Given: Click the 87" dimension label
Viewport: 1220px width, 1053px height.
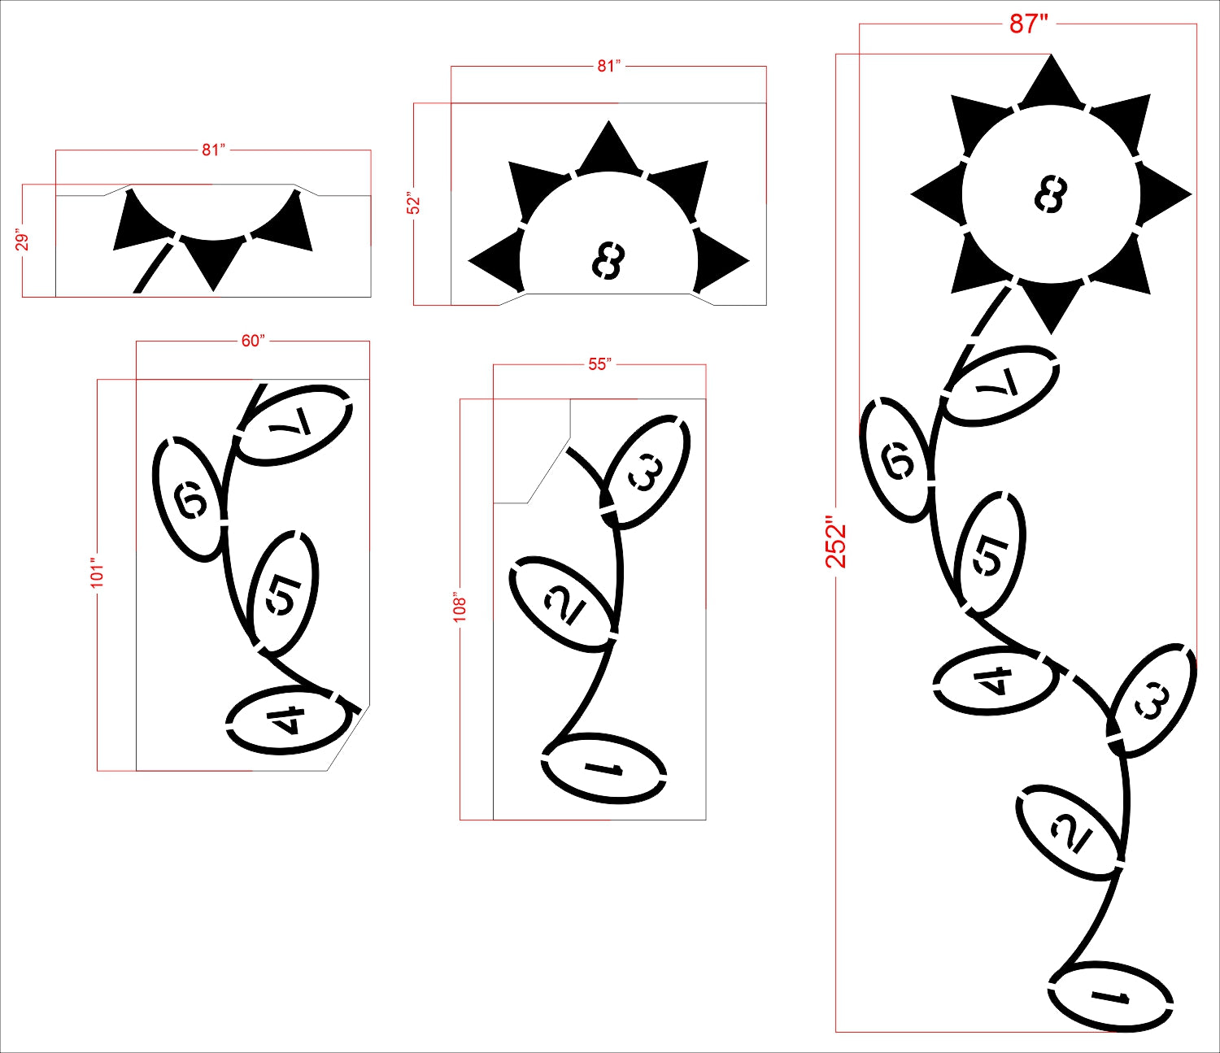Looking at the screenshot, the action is pyautogui.click(x=1028, y=25).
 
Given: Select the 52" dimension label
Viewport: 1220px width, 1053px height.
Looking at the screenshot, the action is pyautogui.click(x=415, y=203).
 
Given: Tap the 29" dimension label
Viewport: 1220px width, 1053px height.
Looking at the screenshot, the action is pyautogui.click(x=23, y=241).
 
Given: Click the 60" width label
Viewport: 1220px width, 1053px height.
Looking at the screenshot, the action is pyautogui.click(x=253, y=342).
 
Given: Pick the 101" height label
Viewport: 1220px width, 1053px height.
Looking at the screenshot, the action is pyautogui.click(x=97, y=572).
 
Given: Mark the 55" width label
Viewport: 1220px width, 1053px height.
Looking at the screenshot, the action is pyautogui.click(x=599, y=365).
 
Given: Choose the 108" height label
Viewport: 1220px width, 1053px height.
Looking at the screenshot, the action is pyautogui.click(x=460, y=606).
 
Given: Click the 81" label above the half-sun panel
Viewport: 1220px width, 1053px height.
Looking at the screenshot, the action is pyautogui.click(x=608, y=66).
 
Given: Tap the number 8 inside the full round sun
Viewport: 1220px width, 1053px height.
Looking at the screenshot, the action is pyautogui.click(x=1051, y=194).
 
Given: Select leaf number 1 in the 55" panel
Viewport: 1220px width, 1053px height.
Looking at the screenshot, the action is pyautogui.click(x=603, y=769).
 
